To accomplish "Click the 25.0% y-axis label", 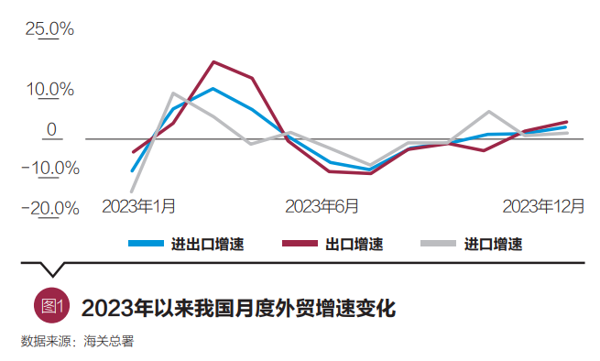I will click(x=49, y=28).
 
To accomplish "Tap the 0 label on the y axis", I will click(x=52, y=130).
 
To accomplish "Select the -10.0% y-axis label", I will click(x=49, y=169).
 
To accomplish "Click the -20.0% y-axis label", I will click(x=49, y=208).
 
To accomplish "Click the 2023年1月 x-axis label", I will click(x=139, y=205).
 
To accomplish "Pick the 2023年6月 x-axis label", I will click(x=322, y=205).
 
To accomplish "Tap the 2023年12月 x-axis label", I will click(x=543, y=205).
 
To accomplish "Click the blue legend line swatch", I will click(x=144, y=244).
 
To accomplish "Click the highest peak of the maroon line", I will click(x=213, y=62).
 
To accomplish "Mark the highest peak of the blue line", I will click(x=213, y=89).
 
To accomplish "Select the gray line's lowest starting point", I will click(x=134, y=191).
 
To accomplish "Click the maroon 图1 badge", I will click(x=50, y=307).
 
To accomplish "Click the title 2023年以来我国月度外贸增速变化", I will click(x=238, y=308).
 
